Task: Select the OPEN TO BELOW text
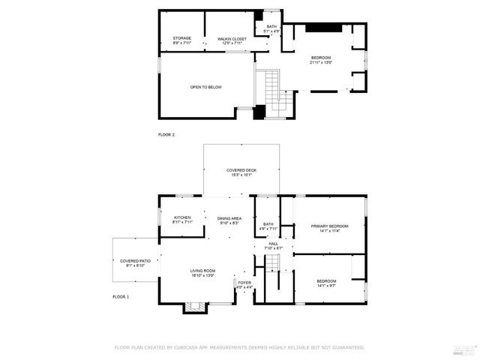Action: coord(205,87)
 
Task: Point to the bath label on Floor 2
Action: coord(271,28)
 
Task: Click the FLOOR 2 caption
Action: coord(166,134)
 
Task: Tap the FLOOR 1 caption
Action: coord(121,297)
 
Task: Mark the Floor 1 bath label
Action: coord(268,226)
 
